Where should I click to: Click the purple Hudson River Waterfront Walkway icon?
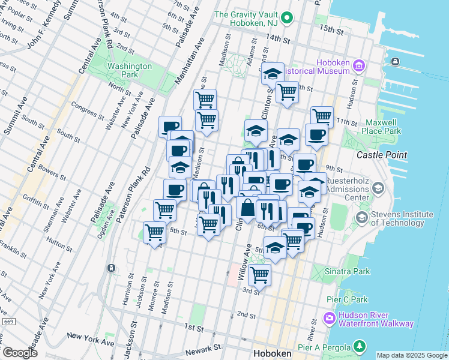point(329,317)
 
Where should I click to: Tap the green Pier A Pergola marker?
point(359,346)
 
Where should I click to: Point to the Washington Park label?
point(129,70)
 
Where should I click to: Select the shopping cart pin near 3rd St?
point(259,274)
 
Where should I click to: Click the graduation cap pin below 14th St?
point(273,74)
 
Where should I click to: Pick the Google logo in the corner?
point(20,353)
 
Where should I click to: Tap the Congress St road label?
point(88,110)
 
